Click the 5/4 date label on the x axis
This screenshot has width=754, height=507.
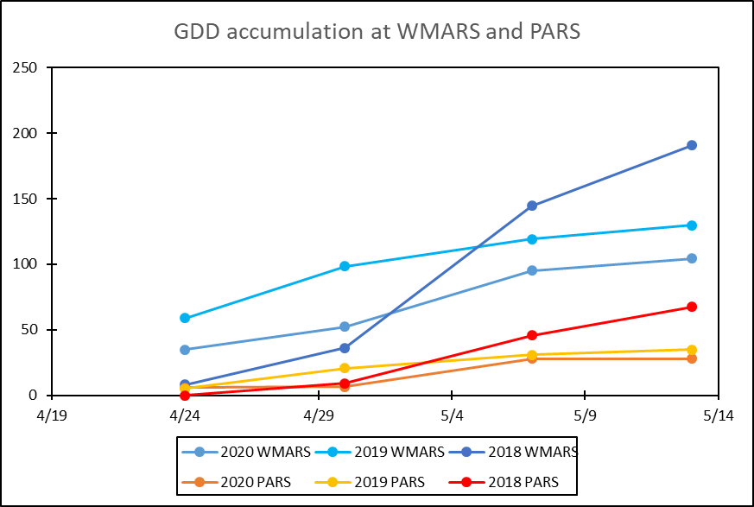452,415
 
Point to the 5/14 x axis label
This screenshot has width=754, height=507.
718,415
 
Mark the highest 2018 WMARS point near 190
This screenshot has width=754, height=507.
692,145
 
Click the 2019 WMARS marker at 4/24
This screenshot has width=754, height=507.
185,318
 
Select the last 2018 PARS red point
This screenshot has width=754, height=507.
692,307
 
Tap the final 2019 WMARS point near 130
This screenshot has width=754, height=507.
692,225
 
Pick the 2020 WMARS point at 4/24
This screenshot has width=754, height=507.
185,350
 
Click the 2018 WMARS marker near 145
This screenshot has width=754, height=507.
532,206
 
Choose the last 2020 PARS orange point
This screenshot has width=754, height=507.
692,358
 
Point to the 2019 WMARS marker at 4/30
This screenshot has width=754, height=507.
345,266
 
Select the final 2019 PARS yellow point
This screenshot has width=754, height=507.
692,350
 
